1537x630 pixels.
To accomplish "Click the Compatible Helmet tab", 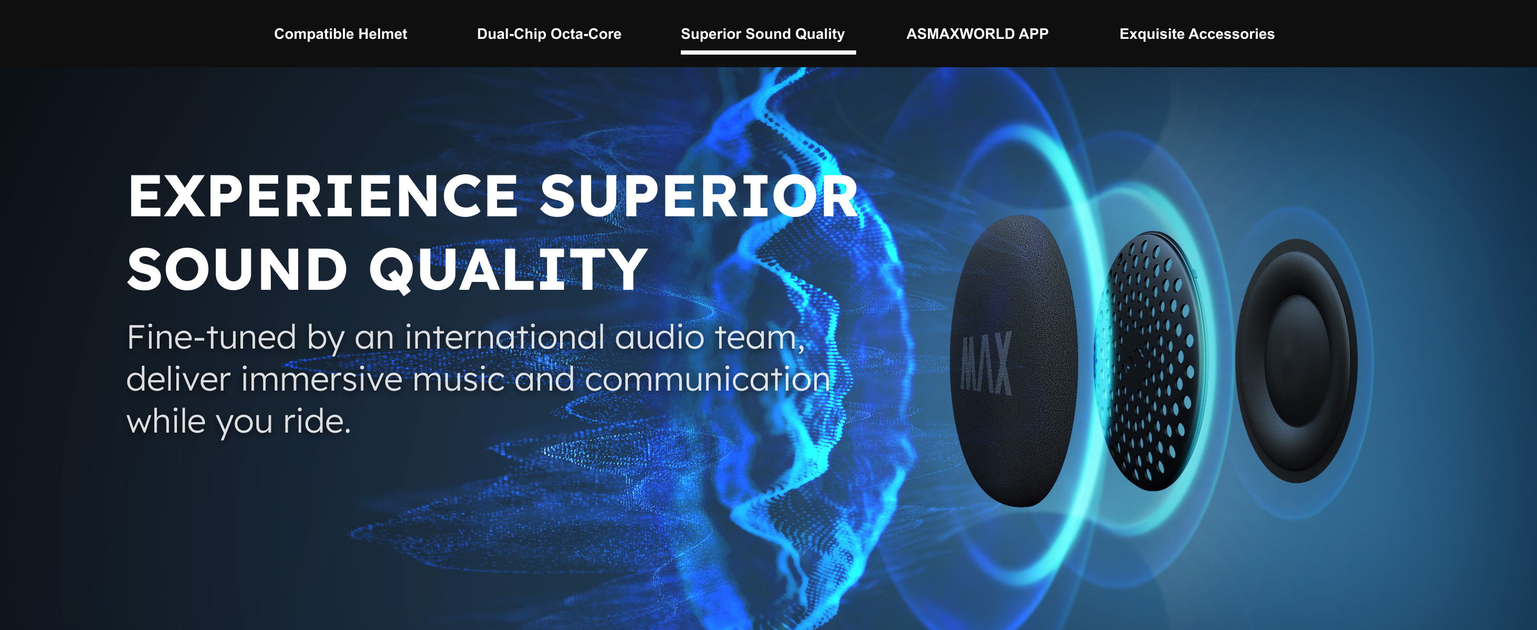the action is pos(340,34).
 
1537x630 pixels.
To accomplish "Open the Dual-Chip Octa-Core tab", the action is pos(549,34).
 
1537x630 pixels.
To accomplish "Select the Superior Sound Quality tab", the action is pos(763,34).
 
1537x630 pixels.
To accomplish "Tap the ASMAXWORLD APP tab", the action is pos(977,34).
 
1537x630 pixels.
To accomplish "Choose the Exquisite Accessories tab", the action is pos(1197,34).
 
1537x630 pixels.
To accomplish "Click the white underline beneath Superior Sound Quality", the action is pos(768,52).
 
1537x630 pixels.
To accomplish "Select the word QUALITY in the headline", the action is pos(508,270).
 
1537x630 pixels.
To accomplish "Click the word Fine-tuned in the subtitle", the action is pos(211,337).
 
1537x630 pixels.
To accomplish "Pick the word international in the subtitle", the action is pos(505,337).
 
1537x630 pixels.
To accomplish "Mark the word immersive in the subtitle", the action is pos(322,380).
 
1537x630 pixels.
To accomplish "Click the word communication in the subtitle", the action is pos(708,380).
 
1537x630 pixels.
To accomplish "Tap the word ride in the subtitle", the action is pos(317,421).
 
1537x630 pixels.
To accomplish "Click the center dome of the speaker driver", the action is pos(1298,361).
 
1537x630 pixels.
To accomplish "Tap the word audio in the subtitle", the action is pos(660,337).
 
